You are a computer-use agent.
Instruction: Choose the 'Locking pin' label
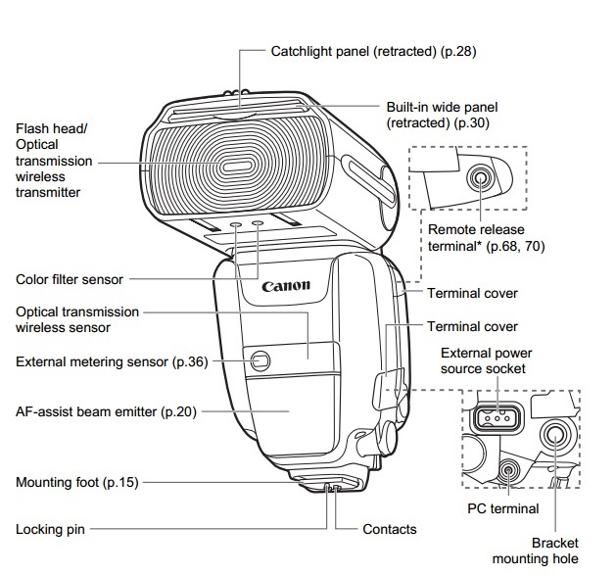click(x=50, y=529)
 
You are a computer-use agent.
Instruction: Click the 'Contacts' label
click(x=390, y=529)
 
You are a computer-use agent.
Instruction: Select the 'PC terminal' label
click(x=503, y=508)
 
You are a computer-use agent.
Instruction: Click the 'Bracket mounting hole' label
click(x=555, y=551)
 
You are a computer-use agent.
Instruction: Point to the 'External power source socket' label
click(x=484, y=360)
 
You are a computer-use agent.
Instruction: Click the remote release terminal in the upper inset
click(x=480, y=177)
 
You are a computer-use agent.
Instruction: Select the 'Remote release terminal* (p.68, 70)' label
click(x=487, y=238)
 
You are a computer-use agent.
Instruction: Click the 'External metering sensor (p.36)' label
click(x=112, y=361)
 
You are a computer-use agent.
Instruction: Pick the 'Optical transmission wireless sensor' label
click(x=77, y=320)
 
